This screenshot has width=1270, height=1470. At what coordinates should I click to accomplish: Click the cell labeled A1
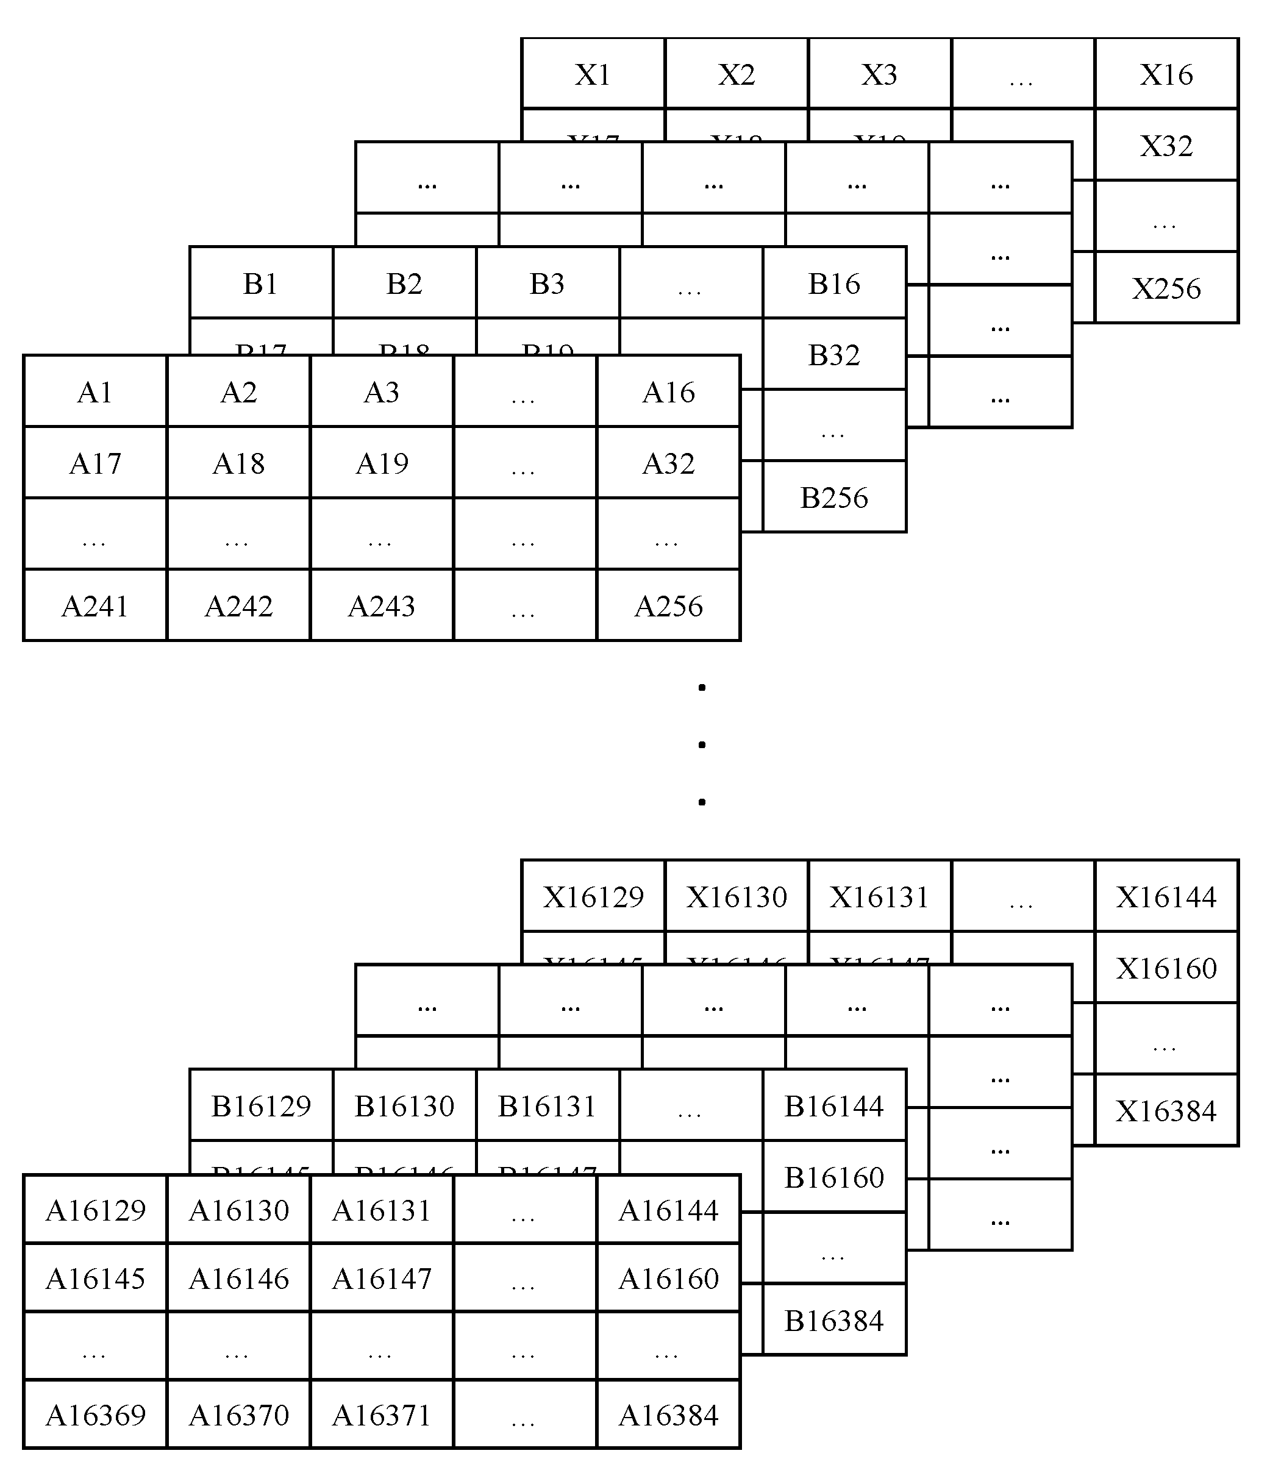tap(95, 391)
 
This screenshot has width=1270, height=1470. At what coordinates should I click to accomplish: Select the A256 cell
tap(668, 606)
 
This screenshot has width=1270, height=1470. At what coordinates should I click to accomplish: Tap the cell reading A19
tap(382, 463)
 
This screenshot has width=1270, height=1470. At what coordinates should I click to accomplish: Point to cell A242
tap(238, 606)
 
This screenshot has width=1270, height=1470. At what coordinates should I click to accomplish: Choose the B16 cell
tap(834, 283)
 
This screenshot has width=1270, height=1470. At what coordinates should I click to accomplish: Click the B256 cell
tap(834, 498)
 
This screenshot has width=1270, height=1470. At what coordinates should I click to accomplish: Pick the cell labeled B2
tap(404, 283)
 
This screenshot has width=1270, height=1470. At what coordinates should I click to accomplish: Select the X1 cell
tap(593, 74)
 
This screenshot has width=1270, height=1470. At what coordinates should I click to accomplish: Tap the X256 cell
tap(1166, 288)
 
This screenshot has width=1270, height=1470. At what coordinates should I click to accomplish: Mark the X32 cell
tap(1166, 146)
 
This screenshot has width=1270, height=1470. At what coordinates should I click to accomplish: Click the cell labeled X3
tap(880, 74)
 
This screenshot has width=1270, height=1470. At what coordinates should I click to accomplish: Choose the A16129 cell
tap(95, 1210)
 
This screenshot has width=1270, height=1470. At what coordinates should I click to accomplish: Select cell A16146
tap(238, 1279)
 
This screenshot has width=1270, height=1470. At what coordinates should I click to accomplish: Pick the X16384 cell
tap(1166, 1110)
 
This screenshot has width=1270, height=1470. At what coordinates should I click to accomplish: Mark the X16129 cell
tap(593, 897)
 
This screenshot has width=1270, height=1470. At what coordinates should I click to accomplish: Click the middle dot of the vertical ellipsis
tap(702, 744)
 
